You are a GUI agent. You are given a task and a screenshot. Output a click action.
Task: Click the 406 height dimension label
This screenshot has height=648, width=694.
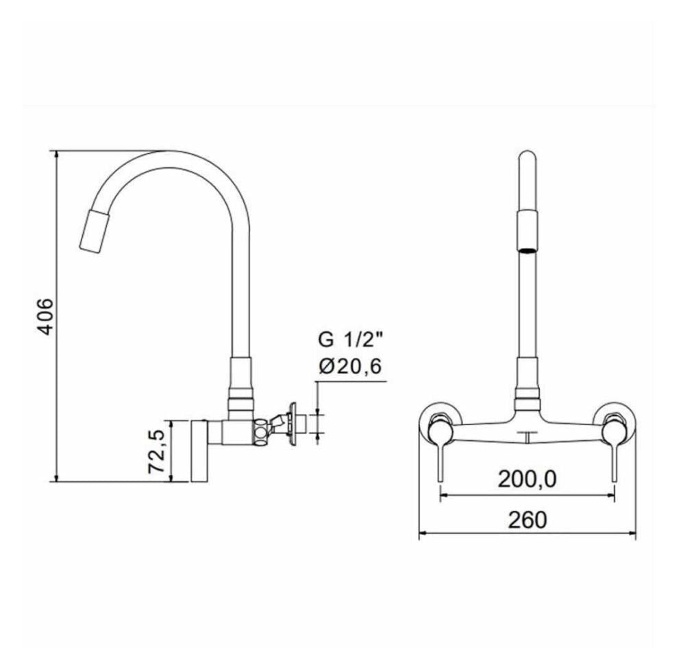click(x=44, y=316)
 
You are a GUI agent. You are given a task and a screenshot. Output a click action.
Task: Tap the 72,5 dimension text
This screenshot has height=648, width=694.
click(x=157, y=451)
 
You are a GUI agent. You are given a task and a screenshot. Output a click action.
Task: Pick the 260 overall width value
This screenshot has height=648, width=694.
click(x=528, y=519)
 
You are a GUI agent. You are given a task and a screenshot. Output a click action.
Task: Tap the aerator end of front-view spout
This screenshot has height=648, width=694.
click(x=526, y=248)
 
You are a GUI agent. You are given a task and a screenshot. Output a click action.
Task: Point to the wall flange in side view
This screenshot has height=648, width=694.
click(x=297, y=423)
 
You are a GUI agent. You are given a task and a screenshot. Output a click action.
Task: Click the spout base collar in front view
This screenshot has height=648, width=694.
click(x=525, y=396)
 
